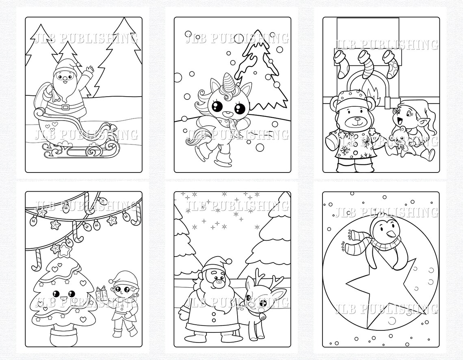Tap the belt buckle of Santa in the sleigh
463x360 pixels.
65,108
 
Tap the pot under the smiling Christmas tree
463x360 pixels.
63,335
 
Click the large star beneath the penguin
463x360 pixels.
378,292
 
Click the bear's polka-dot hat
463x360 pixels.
352,99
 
